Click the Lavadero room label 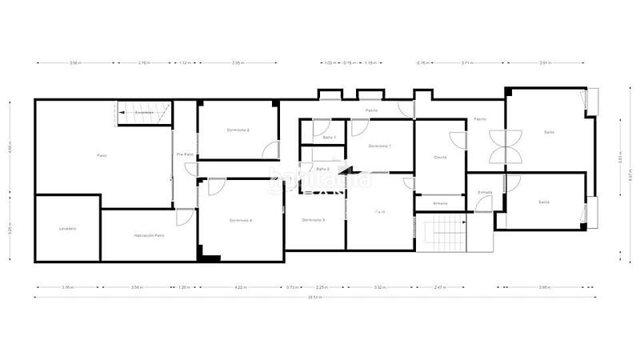(67, 229)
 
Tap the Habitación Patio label (150, 235)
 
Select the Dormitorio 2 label (238, 130)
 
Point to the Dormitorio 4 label (240, 220)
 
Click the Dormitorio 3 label (313, 220)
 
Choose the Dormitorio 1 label (380, 146)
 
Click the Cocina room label (440, 157)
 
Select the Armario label (440, 203)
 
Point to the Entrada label (485, 192)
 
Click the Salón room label (550, 132)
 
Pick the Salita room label (544, 202)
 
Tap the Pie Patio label (185, 154)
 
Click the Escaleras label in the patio (144, 113)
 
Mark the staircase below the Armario (439, 232)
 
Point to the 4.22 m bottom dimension (238, 286)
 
